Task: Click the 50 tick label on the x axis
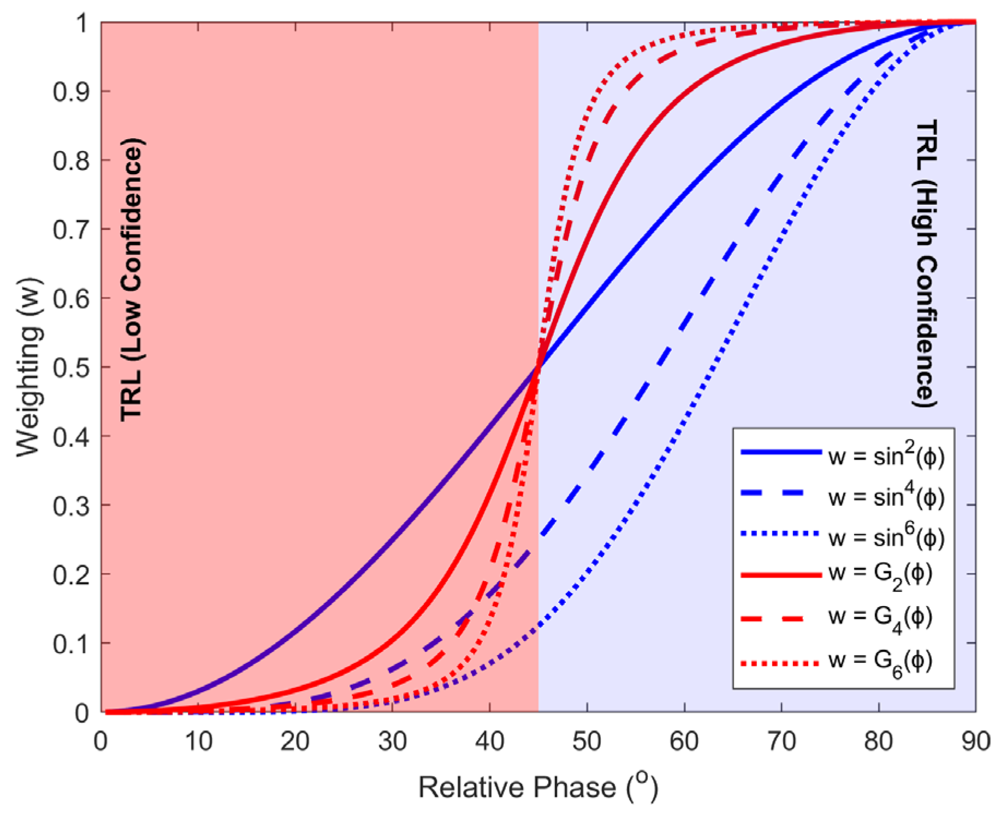point(587,742)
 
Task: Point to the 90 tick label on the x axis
point(975,742)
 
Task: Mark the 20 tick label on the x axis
point(295,742)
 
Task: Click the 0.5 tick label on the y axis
point(71,367)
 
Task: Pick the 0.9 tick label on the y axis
point(71,92)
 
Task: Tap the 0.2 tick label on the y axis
point(71,574)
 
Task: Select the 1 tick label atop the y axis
point(82,23)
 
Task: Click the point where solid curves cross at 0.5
point(539,367)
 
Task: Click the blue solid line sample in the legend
point(781,452)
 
